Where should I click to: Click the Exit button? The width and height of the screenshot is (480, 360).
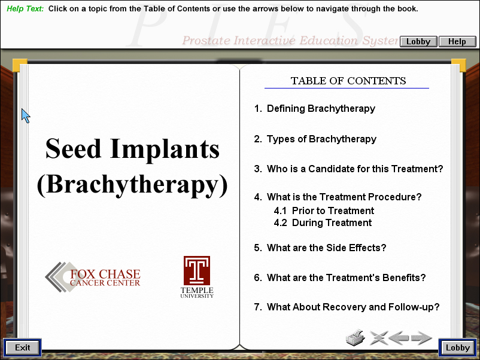(x=22, y=347)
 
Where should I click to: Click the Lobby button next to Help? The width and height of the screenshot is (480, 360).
(x=418, y=41)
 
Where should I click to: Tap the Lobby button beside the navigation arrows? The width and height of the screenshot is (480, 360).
(x=458, y=347)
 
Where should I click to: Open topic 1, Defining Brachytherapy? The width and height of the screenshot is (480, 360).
(x=314, y=109)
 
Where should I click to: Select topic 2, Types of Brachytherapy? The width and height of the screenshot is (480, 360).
(x=315, y=139)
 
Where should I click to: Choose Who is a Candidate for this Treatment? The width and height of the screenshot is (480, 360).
(x=348, y=169)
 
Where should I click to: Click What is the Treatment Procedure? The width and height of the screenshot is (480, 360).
(x=338, y=197)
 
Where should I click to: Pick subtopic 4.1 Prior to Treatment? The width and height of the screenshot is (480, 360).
(x=324, y=210)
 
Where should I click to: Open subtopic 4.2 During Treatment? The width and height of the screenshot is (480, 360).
(x=323, y=222)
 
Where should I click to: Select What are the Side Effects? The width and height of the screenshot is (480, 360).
(x=320, y=248)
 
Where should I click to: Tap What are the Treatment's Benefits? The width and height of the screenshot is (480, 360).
(x=340, y=277)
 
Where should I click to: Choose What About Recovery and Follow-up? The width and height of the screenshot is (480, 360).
(x=347, y=307)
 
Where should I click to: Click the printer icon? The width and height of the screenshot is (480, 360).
(x=356, y=338)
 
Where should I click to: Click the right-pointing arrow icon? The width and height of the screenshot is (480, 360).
(x=421, y=338)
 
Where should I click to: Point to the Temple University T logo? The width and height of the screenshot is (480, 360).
(x=197, y=270)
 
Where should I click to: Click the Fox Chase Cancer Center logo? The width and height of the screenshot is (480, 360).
(x=93, y=277)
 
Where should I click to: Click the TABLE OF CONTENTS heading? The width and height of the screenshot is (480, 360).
(x=348, y=81)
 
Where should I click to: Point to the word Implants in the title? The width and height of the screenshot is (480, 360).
(x=165, y=149)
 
